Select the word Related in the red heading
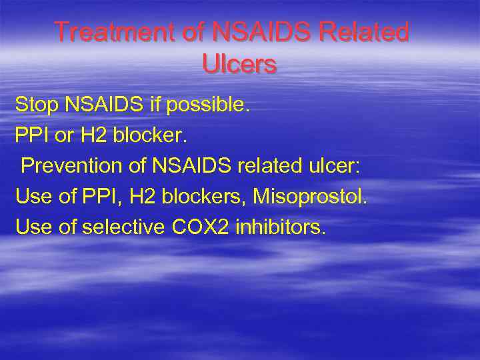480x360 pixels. click(367, 32)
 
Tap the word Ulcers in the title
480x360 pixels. click(239, 64)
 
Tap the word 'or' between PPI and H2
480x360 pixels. click(64, 135)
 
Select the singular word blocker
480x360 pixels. click(151, 135)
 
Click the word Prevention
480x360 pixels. click(73, 166)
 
